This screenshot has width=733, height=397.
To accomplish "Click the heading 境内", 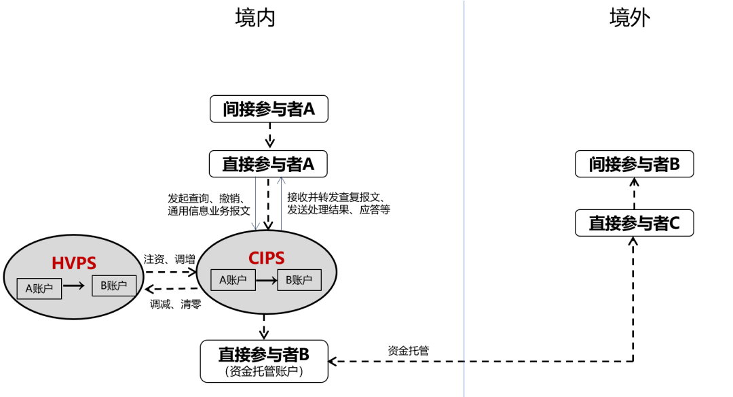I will pos(255,18).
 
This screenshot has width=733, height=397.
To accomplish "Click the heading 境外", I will pos(630,18).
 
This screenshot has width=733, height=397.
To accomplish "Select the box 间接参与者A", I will pos(269,109).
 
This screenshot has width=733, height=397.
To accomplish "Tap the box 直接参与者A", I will pos(269,164).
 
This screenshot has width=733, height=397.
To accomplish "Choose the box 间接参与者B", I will pos(634,165).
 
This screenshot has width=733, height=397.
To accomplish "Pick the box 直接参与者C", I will pos(634,223).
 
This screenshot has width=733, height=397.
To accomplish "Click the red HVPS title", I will pos(73,262).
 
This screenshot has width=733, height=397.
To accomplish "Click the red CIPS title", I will pos(266,258).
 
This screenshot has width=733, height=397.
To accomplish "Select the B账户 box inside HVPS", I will pos(114,286).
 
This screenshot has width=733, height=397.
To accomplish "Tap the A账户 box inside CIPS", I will pos(233,279).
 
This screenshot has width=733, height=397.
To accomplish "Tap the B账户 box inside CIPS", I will pos(299,279).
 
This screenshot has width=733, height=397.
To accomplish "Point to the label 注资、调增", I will pos(169,259).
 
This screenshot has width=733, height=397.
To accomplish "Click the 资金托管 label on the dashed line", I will pos(408,351).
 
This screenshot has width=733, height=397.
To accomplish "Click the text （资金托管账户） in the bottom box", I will pos(263,372).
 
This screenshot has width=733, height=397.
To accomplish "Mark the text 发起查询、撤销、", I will pos(206,198).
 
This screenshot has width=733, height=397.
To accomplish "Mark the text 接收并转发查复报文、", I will pos(336,198).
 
